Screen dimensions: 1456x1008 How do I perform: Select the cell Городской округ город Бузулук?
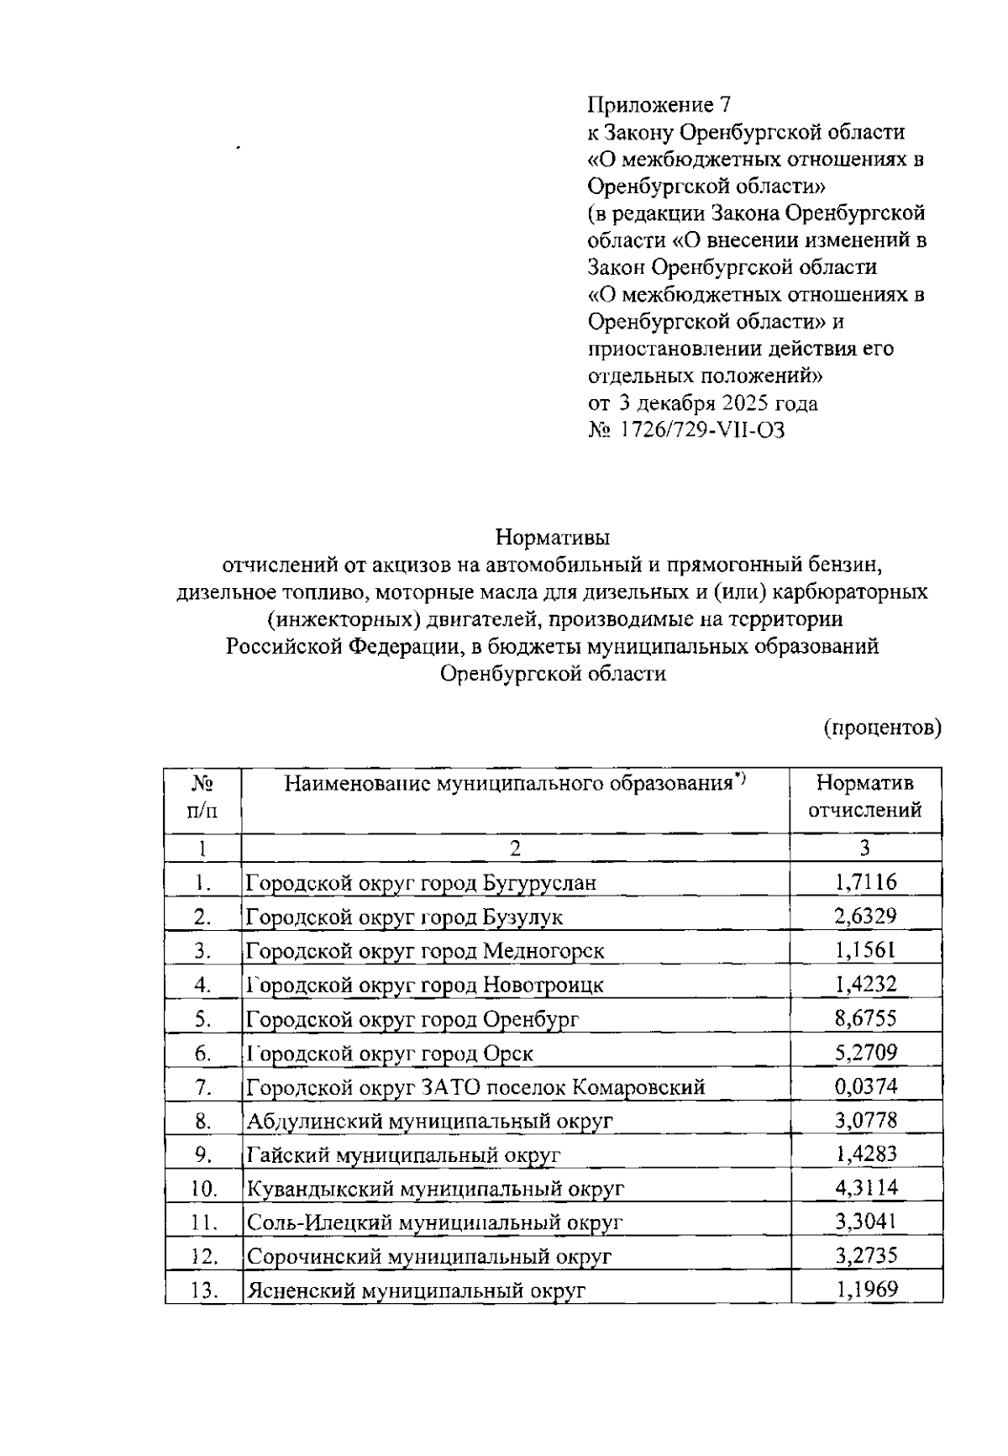404,917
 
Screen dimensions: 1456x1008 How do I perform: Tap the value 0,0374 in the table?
865,1085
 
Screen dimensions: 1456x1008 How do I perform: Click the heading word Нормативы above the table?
552,536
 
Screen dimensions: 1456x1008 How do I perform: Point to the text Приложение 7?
659,105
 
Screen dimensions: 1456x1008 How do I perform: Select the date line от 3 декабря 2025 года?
701,403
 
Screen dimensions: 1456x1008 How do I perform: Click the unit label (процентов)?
881,727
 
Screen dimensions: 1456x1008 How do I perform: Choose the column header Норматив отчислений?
865,796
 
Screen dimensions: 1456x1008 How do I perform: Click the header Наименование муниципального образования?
514,784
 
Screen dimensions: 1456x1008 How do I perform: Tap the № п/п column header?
202,796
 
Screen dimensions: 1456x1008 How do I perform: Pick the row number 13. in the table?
203,1290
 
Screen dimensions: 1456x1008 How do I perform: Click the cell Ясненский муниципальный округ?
415,1290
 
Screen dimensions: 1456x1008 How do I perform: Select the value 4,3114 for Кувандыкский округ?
865,1187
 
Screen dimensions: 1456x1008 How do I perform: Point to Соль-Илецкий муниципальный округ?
434,1222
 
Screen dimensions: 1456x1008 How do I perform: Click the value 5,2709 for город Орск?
865,1051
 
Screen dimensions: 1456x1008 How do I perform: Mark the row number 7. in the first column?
202,1086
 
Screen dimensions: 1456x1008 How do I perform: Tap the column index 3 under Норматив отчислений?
864,848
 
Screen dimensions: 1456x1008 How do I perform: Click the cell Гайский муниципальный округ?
403,1154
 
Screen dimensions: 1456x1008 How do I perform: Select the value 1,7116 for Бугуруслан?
865,882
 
